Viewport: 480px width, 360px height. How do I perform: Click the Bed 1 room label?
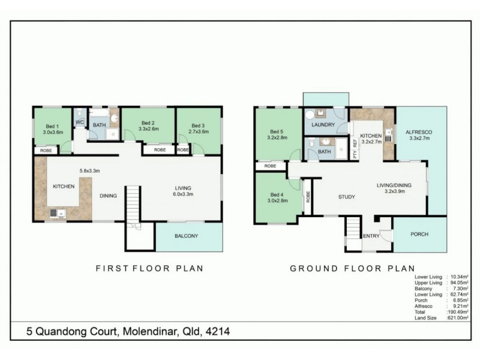[x=52, y=126]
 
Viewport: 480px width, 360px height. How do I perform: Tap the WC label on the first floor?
[x=79, y=122]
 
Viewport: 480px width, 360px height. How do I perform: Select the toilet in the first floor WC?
[x=79, y=112]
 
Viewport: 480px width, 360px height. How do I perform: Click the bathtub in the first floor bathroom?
[x=99, y=112]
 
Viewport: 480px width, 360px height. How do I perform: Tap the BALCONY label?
[x=187, y=236]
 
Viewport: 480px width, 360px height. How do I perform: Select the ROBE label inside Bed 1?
[x=46, y=151]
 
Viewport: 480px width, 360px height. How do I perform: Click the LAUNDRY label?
[x=323, y=125]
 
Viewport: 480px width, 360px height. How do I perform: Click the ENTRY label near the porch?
[x=371, y=236]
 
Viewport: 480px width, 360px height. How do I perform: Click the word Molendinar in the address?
[x=142, y=331]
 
